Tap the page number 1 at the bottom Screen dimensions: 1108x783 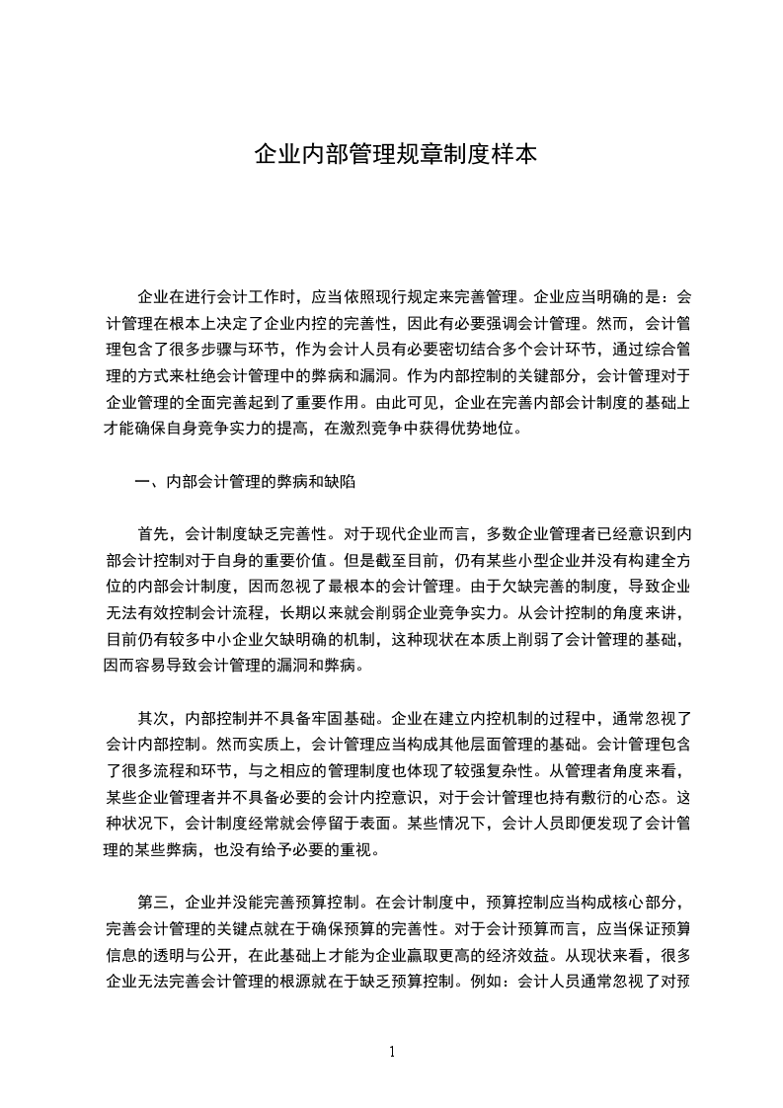392,1051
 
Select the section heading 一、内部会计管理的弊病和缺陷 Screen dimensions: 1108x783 244,482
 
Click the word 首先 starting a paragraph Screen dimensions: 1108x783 153,534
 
